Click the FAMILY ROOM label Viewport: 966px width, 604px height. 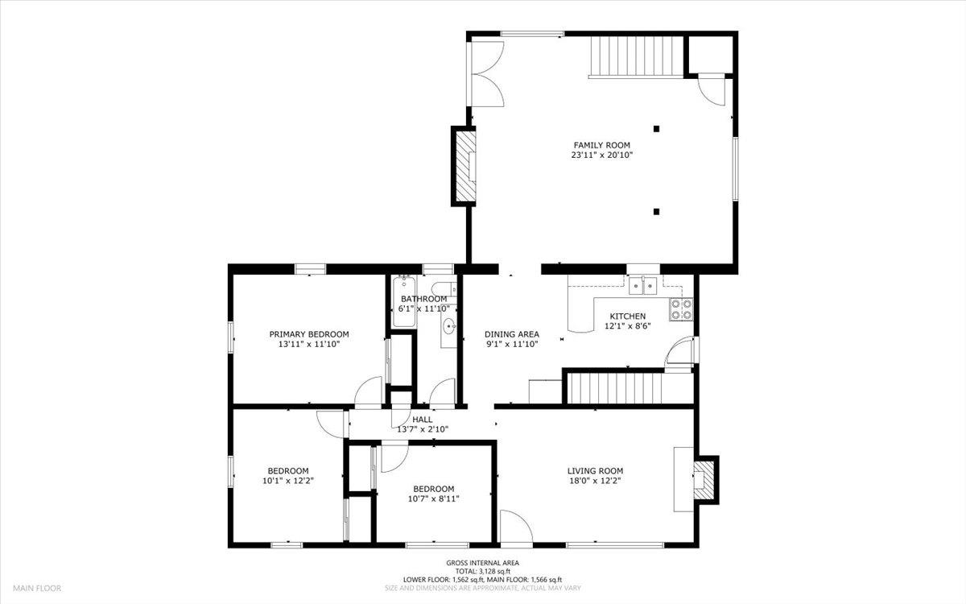coord(601,145)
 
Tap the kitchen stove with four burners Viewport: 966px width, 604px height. coord(681,309)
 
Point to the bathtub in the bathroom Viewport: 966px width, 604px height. coord(404,302)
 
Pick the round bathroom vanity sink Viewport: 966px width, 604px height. coord(448,327)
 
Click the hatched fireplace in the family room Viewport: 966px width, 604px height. coord(464,166)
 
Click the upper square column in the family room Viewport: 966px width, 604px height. coord(657,128)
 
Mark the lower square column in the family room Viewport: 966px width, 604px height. coord(657,212)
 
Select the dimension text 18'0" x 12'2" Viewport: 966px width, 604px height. coord(595,481)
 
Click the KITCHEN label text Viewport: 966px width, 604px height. coord(627,316)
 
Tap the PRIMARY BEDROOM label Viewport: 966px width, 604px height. coord(308,334)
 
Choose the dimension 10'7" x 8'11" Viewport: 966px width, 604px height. coord(434,499)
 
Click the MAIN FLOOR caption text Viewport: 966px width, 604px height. coord(36,589)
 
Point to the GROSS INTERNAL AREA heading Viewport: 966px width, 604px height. coord(483,563)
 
